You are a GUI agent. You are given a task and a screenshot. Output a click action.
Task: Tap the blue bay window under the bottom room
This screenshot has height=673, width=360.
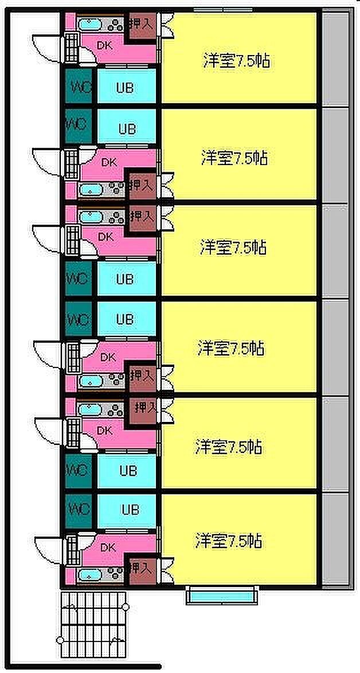pyautogui.click(x=221, y=597)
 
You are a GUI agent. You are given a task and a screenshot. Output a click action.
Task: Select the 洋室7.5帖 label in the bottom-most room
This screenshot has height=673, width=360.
pyautogui.click(x=229, y=541)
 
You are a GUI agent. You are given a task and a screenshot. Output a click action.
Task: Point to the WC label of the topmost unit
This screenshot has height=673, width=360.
pyautogui.click(x=79, y=88)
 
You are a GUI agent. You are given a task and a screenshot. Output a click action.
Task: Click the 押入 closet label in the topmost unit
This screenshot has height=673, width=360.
pyautogui.click(x=142, y=24)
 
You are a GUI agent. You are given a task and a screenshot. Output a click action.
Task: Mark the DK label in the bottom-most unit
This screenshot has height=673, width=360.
pyautogui.click(x=108, y=547)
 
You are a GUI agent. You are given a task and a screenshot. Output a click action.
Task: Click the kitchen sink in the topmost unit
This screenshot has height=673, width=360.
pyautogui.click(x=89, y=25)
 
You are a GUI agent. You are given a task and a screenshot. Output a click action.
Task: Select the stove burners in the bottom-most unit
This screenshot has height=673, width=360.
pyautogui.click(x=115, y=574)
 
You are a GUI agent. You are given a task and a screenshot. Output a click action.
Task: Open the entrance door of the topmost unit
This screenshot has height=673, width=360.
pyautogui.click(x=46, y=43)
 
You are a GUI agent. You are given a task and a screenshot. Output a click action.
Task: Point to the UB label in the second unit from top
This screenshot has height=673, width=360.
pyautogui.click(x=127, y=129)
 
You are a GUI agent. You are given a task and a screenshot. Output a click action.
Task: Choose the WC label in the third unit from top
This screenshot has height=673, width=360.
pyautogui.click(x=77, y=280)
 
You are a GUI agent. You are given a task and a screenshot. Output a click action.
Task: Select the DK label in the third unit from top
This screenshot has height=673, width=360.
pyautogui.click(x=105, y=236)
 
